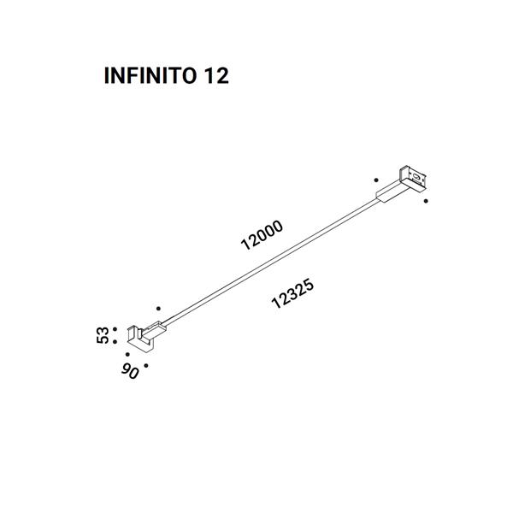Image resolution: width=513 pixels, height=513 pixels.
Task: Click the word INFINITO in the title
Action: point(150,75)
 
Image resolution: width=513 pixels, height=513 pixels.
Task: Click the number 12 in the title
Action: point(216,75)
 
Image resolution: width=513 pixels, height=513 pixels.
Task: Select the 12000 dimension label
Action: point(262,235)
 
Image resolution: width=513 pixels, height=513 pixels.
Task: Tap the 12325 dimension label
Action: point(292,292)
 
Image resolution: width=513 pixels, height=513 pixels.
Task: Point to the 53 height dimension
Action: point(103,335)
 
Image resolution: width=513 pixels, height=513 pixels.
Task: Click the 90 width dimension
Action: point(130,372)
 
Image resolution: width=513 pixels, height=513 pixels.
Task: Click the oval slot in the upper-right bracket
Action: point(416,178)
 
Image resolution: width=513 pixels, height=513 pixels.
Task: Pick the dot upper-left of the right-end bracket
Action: point(376,180)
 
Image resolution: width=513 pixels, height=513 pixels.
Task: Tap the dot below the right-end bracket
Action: point(426,201)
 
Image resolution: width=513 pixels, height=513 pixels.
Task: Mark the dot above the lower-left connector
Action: point(158,308)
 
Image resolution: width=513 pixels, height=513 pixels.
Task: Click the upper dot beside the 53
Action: point(115,329)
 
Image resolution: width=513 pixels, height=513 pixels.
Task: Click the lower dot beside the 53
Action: point(115,342)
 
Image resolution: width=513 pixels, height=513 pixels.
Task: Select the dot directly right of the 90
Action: point(146,365)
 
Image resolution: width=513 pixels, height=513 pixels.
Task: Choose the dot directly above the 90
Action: point(127,354)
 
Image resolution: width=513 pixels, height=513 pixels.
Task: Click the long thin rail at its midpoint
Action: point(272,262)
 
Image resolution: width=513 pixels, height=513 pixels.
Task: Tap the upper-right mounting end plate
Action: point(414,179)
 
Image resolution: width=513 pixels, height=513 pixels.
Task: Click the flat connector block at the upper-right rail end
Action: point(392,192)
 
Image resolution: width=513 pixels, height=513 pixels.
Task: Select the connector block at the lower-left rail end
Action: point(153,330)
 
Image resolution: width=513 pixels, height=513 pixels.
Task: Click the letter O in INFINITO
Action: point(189,75)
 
